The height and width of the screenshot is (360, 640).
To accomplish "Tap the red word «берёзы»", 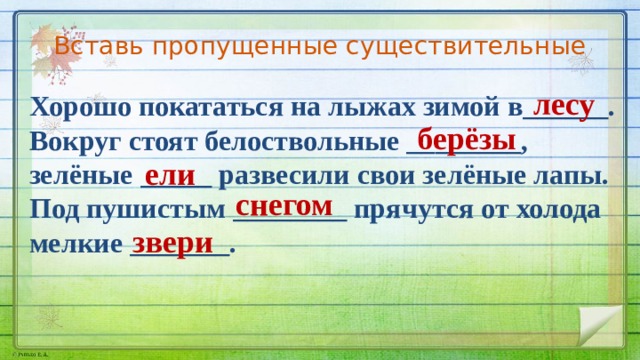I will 467,140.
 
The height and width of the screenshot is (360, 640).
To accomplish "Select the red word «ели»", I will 169,175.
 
